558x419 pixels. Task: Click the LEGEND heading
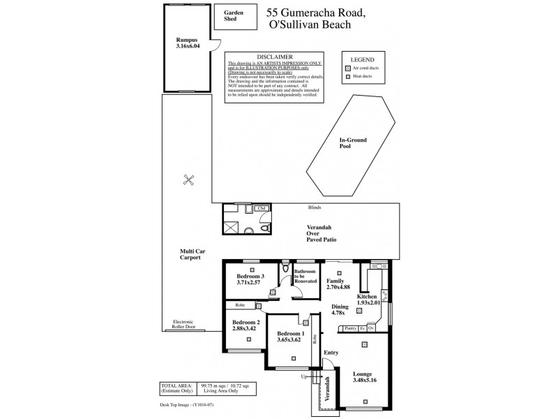coord(363,60)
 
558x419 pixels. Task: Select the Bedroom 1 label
coord(289,335)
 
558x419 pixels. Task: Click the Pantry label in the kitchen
coord(350,328)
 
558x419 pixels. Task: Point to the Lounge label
coord(362,374)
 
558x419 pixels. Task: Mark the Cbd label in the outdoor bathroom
coord(262,208)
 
